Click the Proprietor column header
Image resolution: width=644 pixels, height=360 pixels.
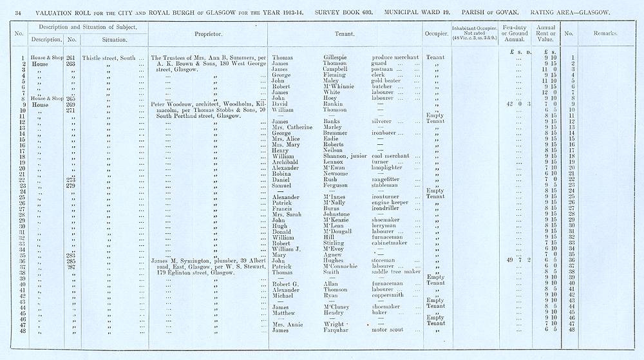[x=208, y=33]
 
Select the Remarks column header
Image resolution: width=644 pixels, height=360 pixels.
[x=604, y=33]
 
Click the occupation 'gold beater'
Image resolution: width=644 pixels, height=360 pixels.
[x=389, y=81]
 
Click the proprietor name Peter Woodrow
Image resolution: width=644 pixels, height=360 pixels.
[x=173, y=104]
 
